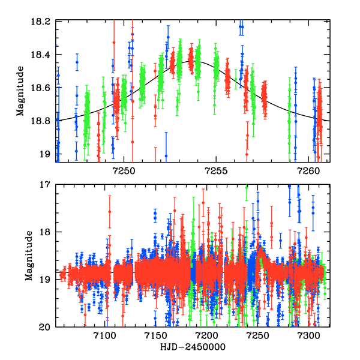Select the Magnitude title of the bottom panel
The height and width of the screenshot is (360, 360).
coord(28,256)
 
